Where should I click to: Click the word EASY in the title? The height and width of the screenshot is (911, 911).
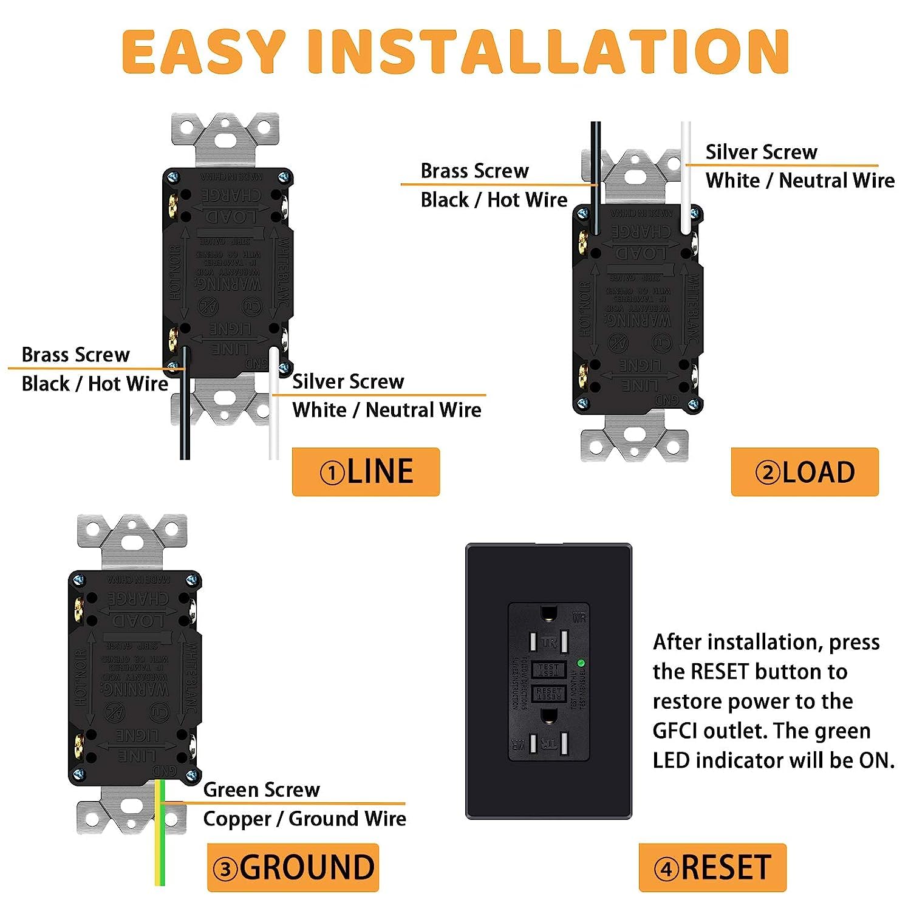click(203, 52)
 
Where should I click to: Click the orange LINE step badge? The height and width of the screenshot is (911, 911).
click(366, 472)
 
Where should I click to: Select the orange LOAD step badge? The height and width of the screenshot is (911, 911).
click(805, 472)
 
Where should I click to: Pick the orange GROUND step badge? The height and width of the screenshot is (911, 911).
click(293, 867)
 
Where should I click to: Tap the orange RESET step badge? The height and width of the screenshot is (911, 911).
click(712, 867)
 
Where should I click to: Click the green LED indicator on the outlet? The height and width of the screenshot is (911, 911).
click(581, 663)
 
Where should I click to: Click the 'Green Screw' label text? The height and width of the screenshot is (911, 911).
click(261, 790)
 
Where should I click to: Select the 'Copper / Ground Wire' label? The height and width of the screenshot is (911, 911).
click(304, 819)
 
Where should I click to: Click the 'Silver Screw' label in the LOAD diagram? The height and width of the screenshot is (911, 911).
click(761, 152)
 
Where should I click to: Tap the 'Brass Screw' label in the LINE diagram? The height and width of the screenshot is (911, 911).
click(75, 355)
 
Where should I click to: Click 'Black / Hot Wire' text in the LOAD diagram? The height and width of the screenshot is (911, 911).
click(494, 200)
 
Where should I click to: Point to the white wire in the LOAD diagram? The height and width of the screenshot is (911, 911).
click(686, 176)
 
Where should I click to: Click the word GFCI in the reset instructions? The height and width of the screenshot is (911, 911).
click(675, 731)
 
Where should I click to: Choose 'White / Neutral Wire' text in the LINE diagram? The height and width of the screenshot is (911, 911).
click(386, 410)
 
